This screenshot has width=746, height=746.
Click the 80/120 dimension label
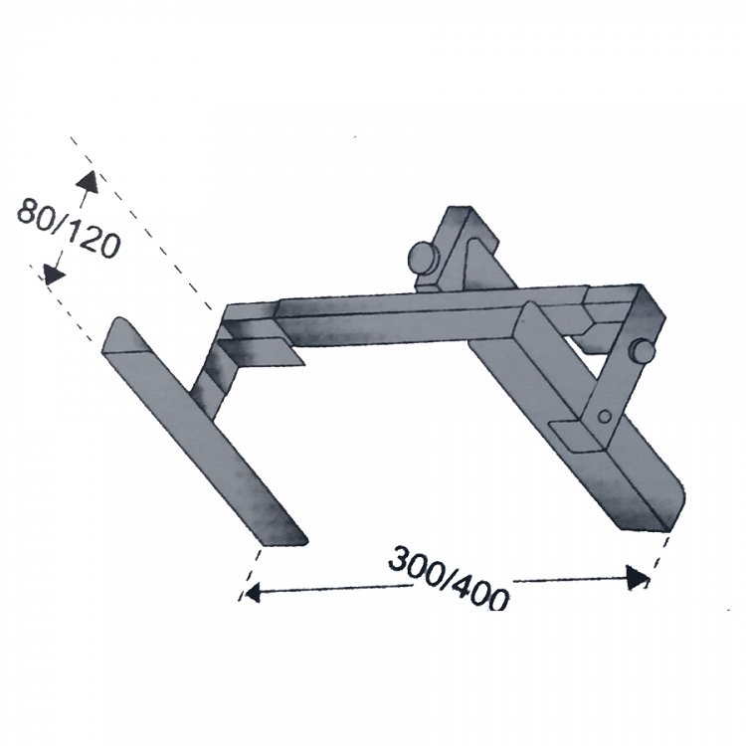[x=68, y=228]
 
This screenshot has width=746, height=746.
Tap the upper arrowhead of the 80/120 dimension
[x=88, y=182]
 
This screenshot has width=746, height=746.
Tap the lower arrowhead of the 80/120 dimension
[x=54, y=275]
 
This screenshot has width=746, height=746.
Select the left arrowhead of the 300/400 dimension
[x=252, y=593]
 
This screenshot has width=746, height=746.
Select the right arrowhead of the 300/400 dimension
[x=638, y=577]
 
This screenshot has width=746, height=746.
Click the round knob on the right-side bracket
[x=643, y=351]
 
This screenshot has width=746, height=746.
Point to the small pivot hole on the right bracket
[x=605, y=417]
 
